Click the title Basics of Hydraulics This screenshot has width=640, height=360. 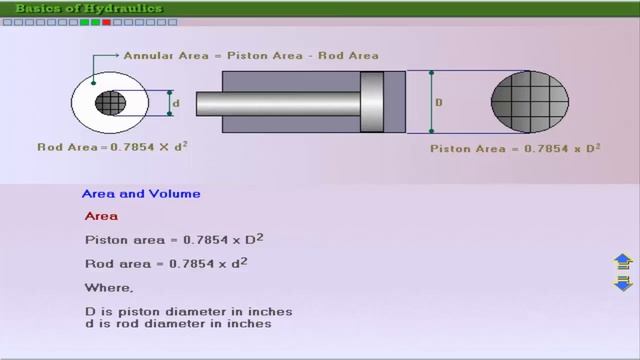89,8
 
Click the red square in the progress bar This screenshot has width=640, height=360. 107,22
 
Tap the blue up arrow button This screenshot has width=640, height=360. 623,262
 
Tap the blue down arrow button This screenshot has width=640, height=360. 623,283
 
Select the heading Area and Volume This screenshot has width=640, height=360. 141,193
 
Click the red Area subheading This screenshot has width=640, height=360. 101,216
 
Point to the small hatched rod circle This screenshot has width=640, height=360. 111,103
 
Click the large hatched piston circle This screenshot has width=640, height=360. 530,102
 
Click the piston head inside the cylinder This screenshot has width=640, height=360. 372,102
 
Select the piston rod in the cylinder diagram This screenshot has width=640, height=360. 278,104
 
